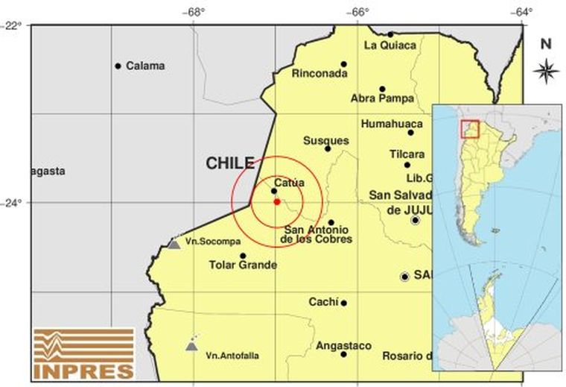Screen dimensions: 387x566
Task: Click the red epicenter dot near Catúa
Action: [x=276, y=201]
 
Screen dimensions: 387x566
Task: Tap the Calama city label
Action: [x=145, y=66]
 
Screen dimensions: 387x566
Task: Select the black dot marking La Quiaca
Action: [x=389, y=34]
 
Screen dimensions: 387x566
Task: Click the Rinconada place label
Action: [x=319, y=74]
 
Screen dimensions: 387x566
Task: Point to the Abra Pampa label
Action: [x=381, y=98]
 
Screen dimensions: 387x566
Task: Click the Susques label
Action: [x=326, y=140]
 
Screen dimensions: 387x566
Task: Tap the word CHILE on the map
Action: [x=230, y=163]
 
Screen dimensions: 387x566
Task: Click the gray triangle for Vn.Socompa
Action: [x=174, y=244]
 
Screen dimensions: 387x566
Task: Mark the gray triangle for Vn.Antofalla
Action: [x=191, y=346]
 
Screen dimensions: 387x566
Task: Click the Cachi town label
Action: [x=323, y=302]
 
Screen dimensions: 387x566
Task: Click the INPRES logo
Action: [x=83, y=353]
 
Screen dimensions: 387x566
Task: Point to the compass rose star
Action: [x=546, y=71]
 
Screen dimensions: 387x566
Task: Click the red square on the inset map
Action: [x=469, y=128]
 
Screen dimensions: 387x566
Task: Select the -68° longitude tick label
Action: [x=195, y=12]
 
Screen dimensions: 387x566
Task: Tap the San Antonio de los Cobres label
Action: [x=319, y=234]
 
